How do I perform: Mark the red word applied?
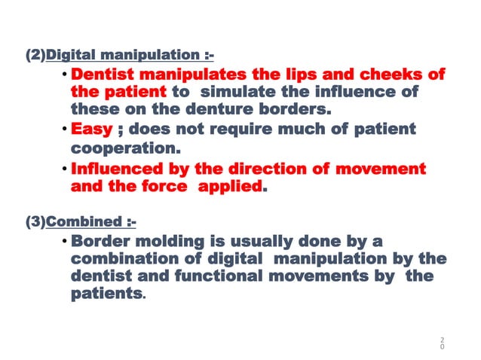tap(230, 185)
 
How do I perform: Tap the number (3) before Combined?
tap(36, 222)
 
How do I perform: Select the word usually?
tap(265, 242)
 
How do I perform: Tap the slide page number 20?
tap(443, 345)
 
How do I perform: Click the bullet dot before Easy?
tap(65, 129)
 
